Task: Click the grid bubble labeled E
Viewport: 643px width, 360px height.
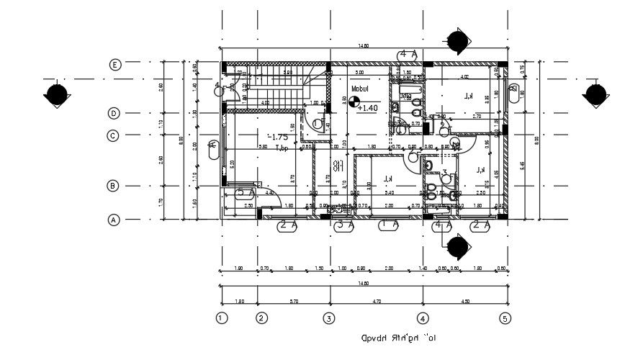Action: click(x=114, y=65)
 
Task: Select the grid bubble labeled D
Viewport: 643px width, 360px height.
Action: click(x=114, y=113)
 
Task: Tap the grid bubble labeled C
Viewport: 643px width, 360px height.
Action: click(x=114, y=135)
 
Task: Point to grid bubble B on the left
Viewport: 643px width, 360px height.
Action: click(x=113, y=186)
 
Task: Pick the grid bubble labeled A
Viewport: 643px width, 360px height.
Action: click(x=113, y=220)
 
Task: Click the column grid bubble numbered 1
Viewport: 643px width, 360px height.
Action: click(x=222, y=318)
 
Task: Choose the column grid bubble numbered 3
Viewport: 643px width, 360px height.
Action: click(x=329, y=318)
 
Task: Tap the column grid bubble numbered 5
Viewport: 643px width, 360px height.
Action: click(x=505, y=318)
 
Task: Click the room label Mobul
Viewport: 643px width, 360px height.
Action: click(x=360, y=89)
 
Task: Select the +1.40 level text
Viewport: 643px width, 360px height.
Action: click(x=367, y=108)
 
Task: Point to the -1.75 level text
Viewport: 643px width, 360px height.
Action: click(x=277, y=137)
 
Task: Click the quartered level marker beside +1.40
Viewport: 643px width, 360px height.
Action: click(x=354, y=102)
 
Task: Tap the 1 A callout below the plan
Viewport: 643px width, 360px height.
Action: click(x=390, y=225)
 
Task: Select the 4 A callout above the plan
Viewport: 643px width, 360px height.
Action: click(x=408, y=54)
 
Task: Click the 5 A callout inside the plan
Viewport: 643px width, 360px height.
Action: click(x=246, y=193)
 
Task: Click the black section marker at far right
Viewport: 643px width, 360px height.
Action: click(x=595, y=94)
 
